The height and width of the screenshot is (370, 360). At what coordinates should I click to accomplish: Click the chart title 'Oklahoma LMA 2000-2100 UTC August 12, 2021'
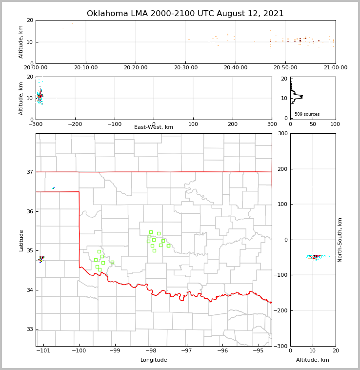click(x=185, y=14)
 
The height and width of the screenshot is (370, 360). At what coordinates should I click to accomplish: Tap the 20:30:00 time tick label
click(x=185, y=68)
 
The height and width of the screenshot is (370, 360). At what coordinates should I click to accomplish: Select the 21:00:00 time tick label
click(x=335, y=68)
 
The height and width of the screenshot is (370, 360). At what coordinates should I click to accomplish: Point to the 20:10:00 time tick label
click(x=86, y=68)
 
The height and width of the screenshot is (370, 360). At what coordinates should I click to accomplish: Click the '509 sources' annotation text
click(x=307, y=114)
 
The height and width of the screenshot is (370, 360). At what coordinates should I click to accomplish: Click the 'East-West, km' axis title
click(x=154, y=127)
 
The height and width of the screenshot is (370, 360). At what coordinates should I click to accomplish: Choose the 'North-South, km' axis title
click(x=340, y=240)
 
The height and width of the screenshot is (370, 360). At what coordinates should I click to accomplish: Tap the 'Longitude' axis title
click(x=154, y=360)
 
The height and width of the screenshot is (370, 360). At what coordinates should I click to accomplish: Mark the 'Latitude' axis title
click(x=21, y=240)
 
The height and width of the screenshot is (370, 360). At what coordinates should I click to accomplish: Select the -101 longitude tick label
click(x=43, y=350)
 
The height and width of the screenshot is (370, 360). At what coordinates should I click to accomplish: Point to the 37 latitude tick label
click(x=30, y=172)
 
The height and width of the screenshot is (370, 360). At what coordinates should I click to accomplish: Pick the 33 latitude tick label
click(x=30, y=329)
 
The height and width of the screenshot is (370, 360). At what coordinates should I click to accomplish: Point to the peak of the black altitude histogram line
click(x=303, y=96)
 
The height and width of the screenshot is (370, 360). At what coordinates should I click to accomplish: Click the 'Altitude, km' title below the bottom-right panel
click(x=313, y=360)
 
